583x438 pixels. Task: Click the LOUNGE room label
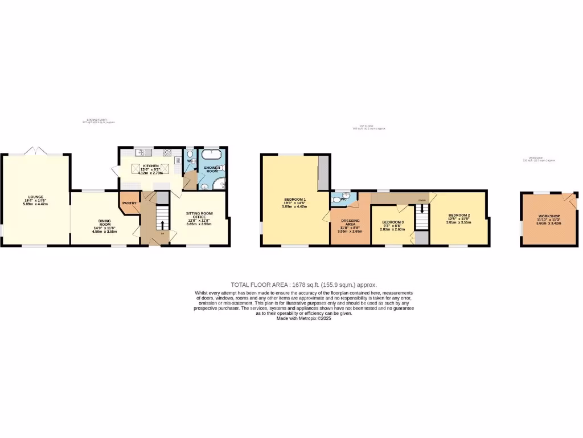pyautogui.click(x=30, y=199)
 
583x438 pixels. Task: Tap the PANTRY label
pyautogui.click(x=129, y=202)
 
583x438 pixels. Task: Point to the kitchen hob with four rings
pyautogui.click(x=167, y=152)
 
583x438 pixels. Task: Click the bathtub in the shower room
pyautogui.click(x=212, y=154)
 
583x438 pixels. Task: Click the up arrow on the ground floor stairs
pyautogui.click(x=162, y=226)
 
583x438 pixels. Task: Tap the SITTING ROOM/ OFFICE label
pyautogui.click(x=198, y=215)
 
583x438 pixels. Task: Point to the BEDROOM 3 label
pyautogui.click(x=393, y=222)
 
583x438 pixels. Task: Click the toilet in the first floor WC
pyautogui.click(x=336, y=200)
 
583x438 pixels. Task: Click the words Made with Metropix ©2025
pyautogui.click(x=303, y=318)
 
